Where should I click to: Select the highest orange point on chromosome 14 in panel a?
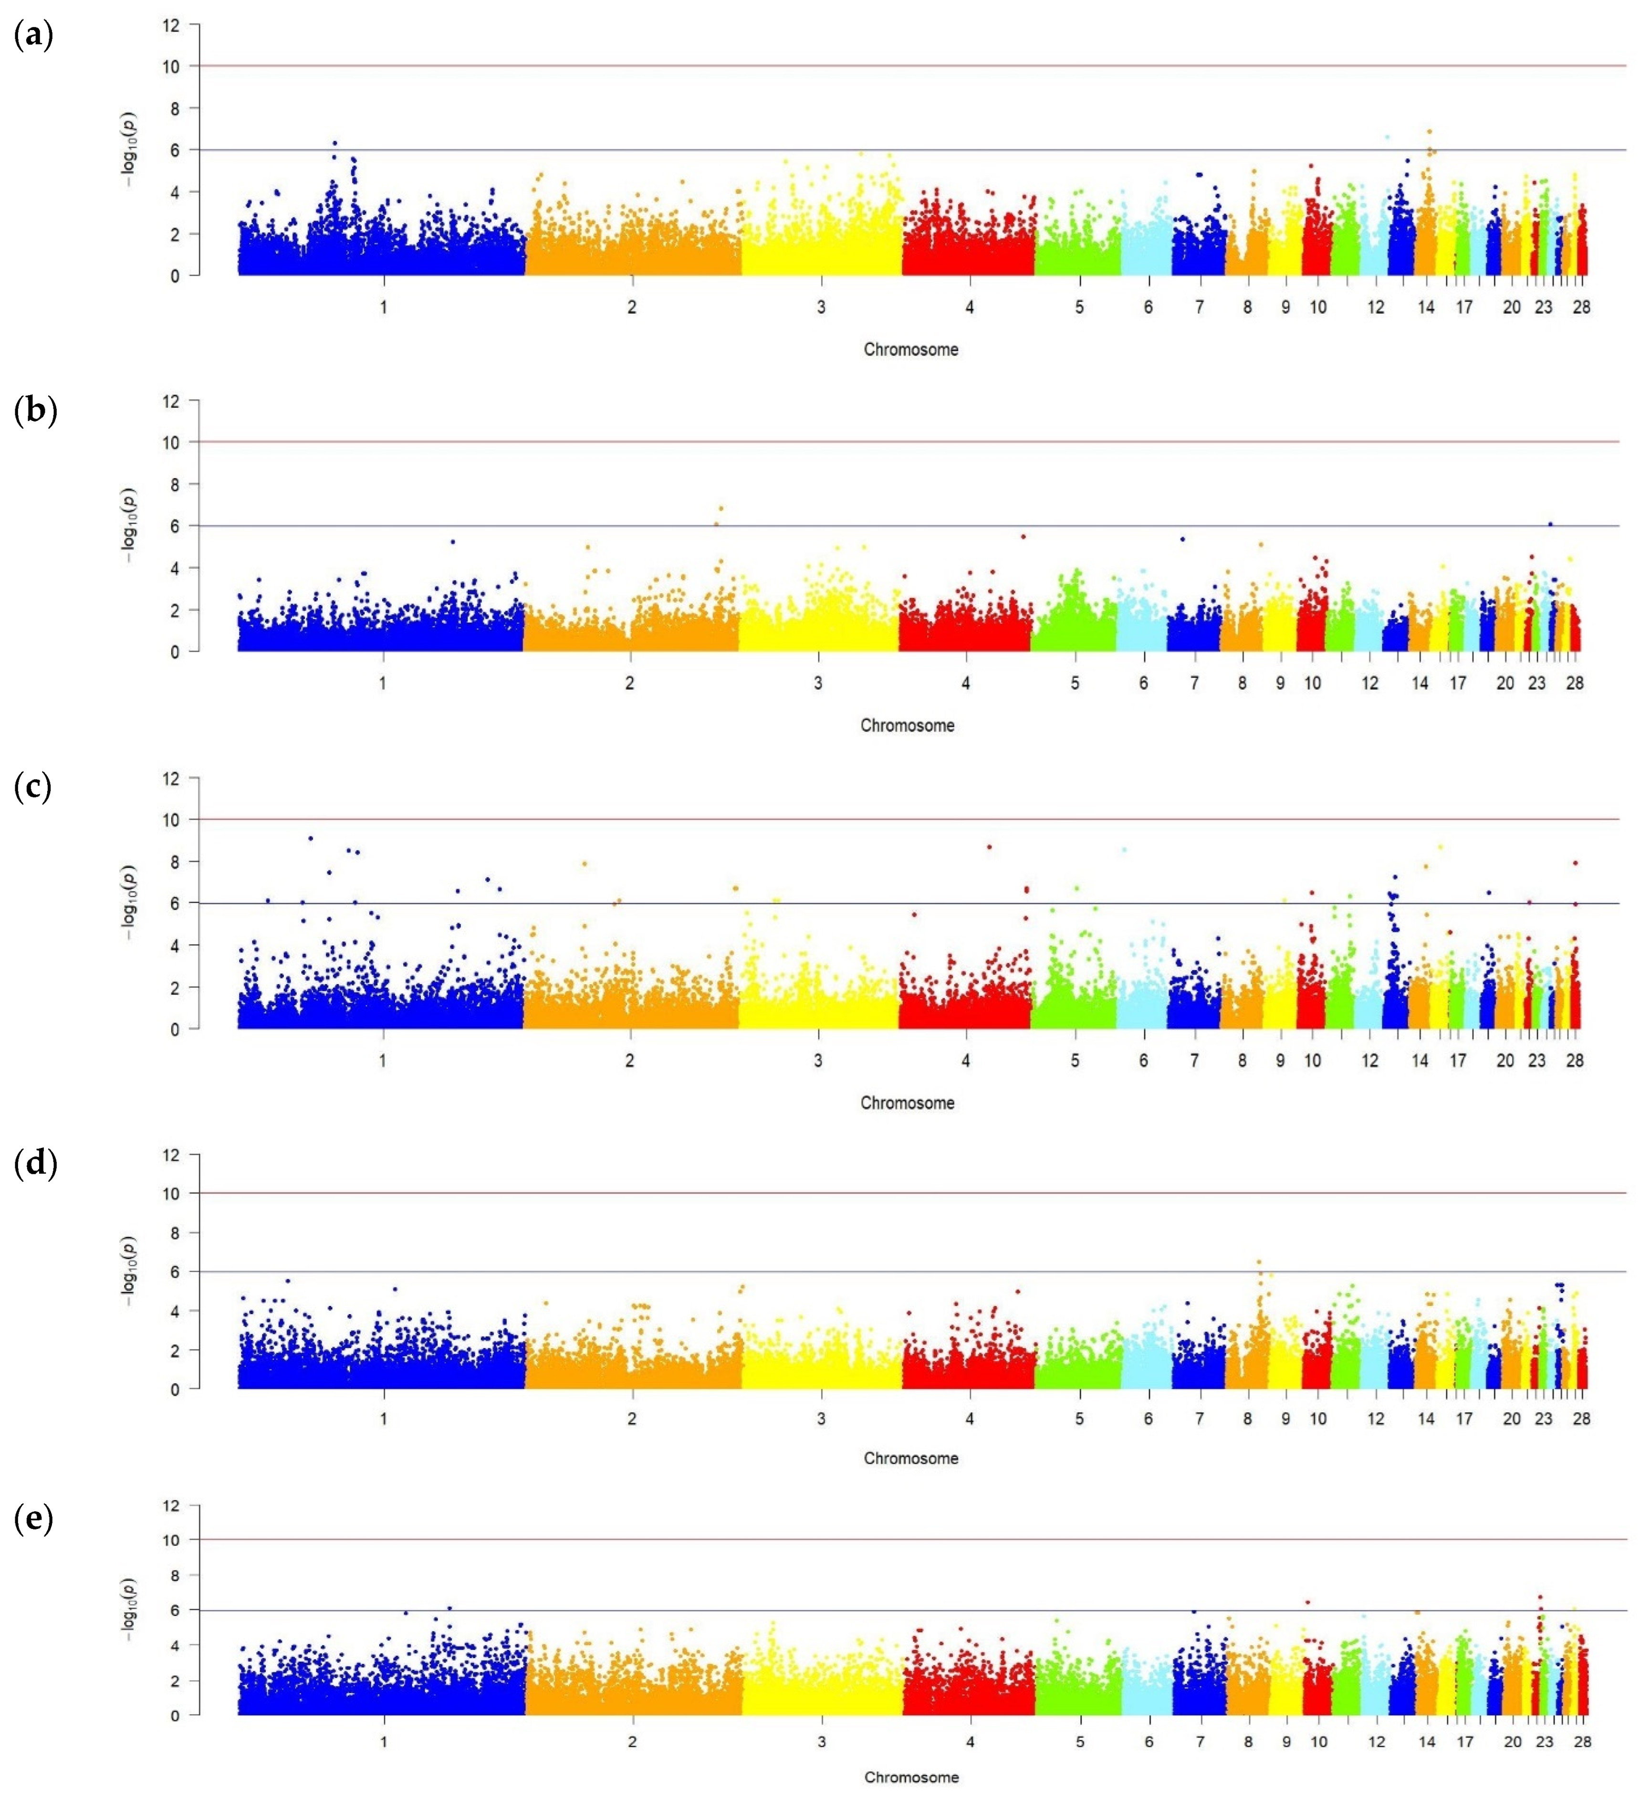(x=1429, y=131)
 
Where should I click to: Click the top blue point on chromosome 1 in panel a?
(x=335, y=143)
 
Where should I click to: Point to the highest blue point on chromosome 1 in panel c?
(x=310, y=838)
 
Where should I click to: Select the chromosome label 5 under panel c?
(x=1075, y=1061)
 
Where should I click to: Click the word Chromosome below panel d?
(x=910, y=1458)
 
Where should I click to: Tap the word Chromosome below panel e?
(x=910, y=1777)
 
